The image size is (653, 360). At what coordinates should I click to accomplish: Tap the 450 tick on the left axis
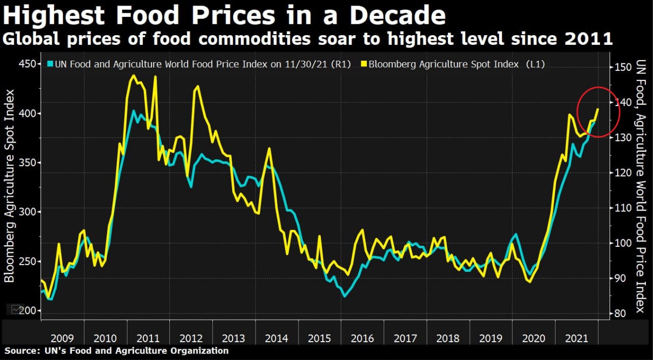coord(28,64)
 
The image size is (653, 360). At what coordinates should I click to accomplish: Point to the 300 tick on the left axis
coord(28,212)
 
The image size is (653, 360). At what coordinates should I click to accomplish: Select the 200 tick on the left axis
coord(28,311)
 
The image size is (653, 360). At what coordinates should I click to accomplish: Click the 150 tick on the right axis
coord(622,67)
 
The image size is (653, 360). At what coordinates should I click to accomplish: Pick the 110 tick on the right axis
coord(622,208)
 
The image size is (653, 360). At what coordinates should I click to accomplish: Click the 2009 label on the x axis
coord(63,338)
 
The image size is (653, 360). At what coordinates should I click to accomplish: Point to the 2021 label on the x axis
coord(577,338)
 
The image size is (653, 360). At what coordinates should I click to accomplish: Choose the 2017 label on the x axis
coord(406,338)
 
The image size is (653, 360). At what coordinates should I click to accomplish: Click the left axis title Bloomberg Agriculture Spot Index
coord(10,186)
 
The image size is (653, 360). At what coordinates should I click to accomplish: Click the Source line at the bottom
coord(117,351)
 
